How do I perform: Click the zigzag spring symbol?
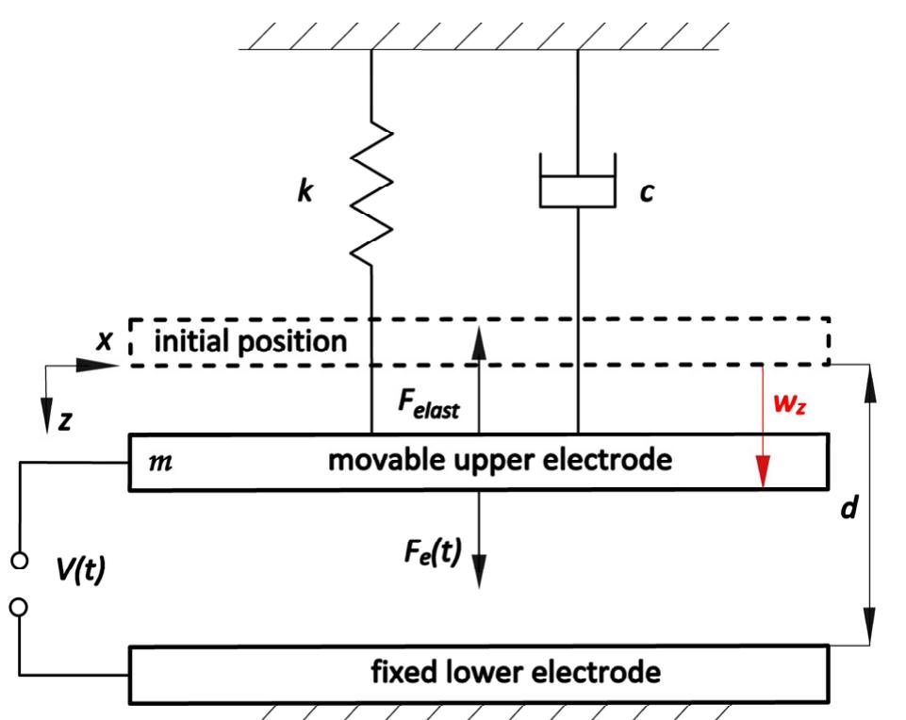(x=370, y=192)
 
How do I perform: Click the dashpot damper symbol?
(x=576, y=182)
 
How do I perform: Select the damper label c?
(x=646, y=191)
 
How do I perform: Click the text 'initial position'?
(x=250, y=341)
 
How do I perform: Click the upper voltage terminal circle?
(x=18, y=562)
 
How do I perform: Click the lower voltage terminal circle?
(x=18, y=608)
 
